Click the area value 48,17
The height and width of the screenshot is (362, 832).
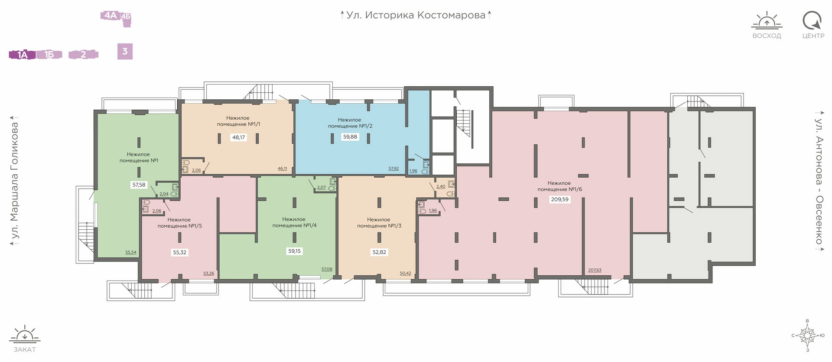click(239, 137)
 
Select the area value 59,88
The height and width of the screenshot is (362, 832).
click(350, 137)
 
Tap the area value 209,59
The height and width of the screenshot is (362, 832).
click(559, 199)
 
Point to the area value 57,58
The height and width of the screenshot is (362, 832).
click(139, 185)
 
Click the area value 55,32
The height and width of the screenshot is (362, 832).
click(180, 252)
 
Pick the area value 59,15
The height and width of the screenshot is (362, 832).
click(295, 251)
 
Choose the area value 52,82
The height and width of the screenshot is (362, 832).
click(379, 252)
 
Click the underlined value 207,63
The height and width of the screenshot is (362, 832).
click(595, 270)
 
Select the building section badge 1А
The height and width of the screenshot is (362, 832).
click(22, 55)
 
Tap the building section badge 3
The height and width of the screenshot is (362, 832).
click(125, 52)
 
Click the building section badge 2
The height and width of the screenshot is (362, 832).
click(83, 55)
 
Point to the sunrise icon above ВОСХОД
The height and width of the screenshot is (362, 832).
click(767, 20)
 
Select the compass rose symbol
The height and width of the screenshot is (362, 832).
click(807, 335)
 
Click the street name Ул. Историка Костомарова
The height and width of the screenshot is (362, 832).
click(416, 15)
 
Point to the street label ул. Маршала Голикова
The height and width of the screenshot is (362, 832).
click(15, 180)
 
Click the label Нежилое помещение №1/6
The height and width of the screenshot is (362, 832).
click(559, 186)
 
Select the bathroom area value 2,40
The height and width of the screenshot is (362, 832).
click(441, 187)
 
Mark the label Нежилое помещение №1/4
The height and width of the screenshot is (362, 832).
click(294, 222)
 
